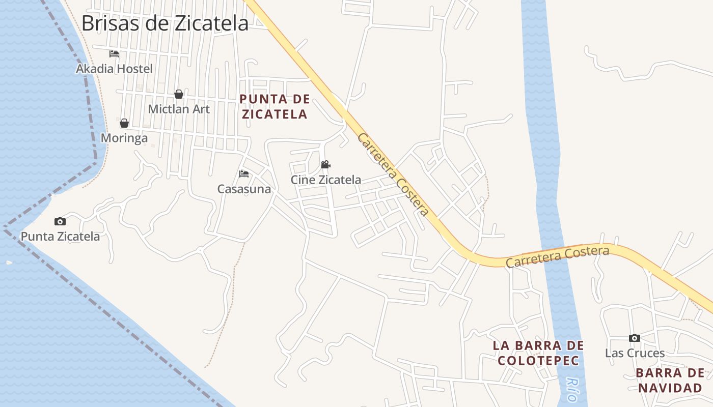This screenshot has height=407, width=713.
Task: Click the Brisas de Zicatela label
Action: point(165,23)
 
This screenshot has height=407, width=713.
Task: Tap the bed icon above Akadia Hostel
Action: point(114,54)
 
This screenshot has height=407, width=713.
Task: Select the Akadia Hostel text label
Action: point(114,69)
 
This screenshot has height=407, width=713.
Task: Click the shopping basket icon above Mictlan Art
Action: point(179,94)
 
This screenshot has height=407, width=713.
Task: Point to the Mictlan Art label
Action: point(179,109)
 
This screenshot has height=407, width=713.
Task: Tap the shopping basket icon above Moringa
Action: point(124,123)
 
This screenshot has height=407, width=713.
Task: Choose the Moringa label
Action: point(124,138)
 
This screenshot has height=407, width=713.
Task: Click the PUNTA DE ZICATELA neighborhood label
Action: point(275,106)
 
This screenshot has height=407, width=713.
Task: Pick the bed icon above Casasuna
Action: point(244,174)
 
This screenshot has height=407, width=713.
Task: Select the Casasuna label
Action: point(244,189)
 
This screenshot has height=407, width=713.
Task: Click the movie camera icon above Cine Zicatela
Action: point(326,165)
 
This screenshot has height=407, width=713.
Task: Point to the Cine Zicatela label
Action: point(326,180)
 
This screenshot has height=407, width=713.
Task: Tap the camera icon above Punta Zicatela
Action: point(60,221)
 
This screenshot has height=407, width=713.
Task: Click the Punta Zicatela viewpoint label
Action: point(60,236)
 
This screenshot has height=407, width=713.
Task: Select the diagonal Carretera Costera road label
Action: point(393,175)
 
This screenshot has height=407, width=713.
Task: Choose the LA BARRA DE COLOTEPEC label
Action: point(538,353)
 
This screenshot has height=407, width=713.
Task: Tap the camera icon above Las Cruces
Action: point(635,338)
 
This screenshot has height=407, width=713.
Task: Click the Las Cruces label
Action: point(635,353)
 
